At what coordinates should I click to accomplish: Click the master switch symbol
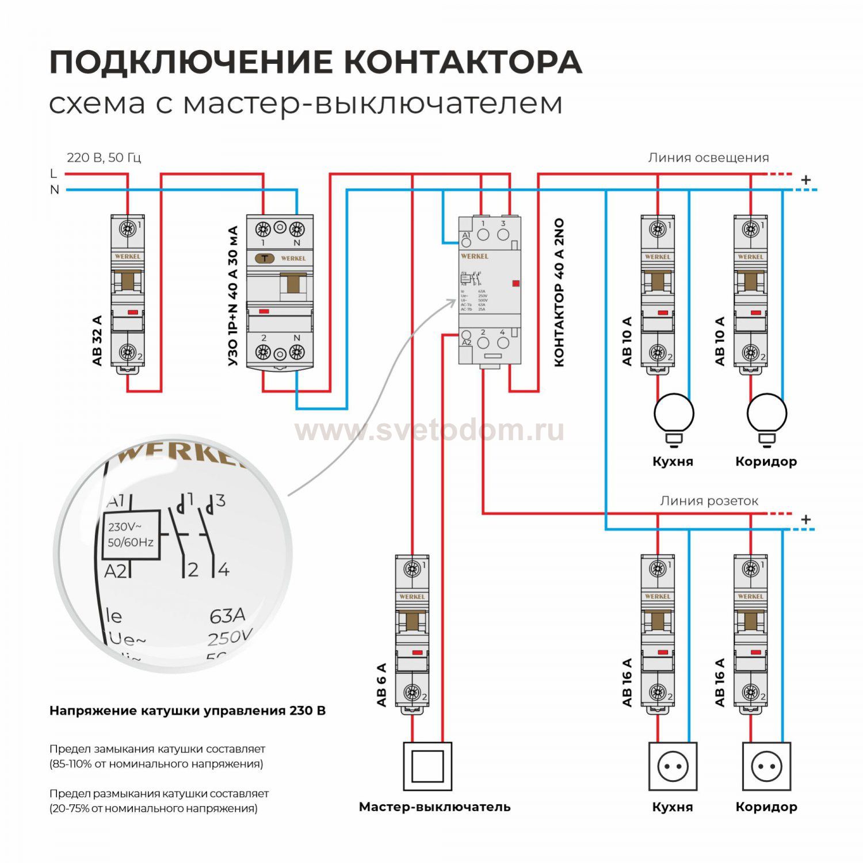pyautogui.click(x=427, y=766)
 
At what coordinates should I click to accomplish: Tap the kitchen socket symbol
pyautogui.click(x=673, y=766)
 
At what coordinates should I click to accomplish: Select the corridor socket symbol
pyautogui.click(x=766, y=766)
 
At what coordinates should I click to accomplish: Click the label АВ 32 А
pyautogui.click(x=97, y=340)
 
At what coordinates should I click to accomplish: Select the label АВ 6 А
pyautogui.click(x=381, y=684)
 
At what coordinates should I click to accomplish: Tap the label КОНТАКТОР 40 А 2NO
pyautogui.click(x=559, y=292)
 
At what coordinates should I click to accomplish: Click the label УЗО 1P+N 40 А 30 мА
pyautogui.click(x=232, y=296)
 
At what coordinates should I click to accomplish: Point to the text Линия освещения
pyautogui.click(x=708, y=158)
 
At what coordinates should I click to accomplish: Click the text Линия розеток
pyautogui.click(x=709, y=501)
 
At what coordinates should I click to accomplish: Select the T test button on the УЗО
pyautogui.click(x=265, y=258)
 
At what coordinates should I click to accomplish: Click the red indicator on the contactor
pyautogui.click(x=515, y=283)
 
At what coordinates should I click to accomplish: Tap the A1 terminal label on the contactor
pyautogui.click(x=466, y=235)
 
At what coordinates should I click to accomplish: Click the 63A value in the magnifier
pyautogui.click(x=227, y=616)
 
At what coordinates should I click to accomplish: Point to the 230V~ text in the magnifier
pyautogui.click(x=125, y=526)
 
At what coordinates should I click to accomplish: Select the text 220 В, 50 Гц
pyautogui.click(x=104, y=158)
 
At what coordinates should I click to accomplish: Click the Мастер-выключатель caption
pyautogui.click(x=434, y=807)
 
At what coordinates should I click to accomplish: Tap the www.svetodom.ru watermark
pyautogui.click(x=430, y=430)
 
